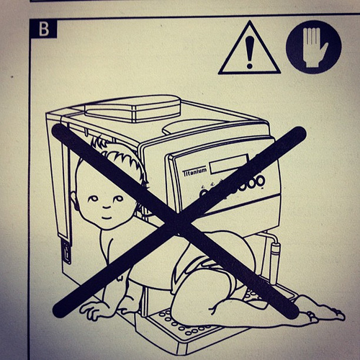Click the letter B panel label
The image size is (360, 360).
point(43,29)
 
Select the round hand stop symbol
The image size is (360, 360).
point(313,47)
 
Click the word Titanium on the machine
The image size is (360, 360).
point(194,172)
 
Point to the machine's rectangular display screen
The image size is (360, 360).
point(229,164)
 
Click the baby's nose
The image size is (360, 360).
point(106,206)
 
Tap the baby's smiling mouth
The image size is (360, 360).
point(107,217)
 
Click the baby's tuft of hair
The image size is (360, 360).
point(99,142)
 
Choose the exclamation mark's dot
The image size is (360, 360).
point(250,65)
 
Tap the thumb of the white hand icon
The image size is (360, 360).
point(323,49)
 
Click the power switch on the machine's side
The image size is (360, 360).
point(67,252)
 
